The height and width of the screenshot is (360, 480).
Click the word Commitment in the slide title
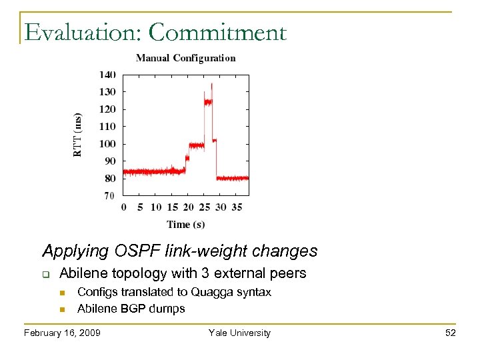[218, 33]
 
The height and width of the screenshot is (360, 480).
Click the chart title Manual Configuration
[185, 58]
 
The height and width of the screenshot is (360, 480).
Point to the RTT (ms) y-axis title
[78, 134]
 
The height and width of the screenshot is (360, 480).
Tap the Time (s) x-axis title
[186, 224]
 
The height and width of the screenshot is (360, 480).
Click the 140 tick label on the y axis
[107, 75]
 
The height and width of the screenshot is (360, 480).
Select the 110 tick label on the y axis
[107, 127]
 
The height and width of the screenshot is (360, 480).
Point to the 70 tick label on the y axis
[109, 195]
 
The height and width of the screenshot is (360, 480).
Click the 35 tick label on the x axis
[237, 207]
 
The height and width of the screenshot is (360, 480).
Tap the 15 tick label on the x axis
[172, 207]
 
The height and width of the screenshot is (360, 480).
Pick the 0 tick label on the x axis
[124, 207]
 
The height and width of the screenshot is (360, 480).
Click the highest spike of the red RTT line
[212, 84]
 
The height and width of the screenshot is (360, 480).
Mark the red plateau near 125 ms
[208, 102]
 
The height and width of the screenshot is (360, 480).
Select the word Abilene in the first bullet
[81, 273]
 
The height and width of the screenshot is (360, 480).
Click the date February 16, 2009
[62, 333]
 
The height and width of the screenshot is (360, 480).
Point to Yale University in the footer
[239, 333]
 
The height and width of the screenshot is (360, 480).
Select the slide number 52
[451, 333]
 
